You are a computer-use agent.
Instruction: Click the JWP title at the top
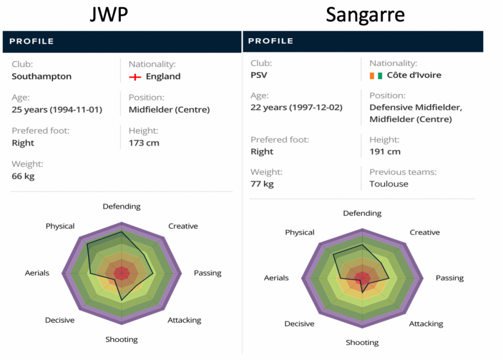click(x=109, y=15)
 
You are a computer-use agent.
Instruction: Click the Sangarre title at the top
click(x=365, y=15)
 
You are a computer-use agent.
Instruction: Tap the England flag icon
click(x=134, y=77)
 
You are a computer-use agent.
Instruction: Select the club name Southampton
click(x=42, y=77)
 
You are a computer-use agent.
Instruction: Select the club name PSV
click(x=259, y=76)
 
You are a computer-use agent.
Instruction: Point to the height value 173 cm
click(x=144, y=143)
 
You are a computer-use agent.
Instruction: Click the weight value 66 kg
click(x=23, y=176)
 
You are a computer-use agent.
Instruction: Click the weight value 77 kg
click(x=262, y=184)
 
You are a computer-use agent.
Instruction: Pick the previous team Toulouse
click(x=389, y=184)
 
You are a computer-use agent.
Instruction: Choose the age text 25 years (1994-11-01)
click(x=57, y=110)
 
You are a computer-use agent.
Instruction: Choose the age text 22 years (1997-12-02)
click(x=296, y=107)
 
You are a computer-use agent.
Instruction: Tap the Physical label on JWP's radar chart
click(x=60, y=227)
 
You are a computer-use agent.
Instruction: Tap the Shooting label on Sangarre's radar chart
click(x=362, y=343)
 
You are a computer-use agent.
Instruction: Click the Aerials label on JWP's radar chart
click(x=37, y=273)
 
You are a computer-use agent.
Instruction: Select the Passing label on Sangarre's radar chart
click(x=449, y=278)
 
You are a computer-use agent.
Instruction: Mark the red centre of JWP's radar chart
click(x=122, y=273)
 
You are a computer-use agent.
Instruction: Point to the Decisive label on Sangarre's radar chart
click(x=299, y=324)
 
